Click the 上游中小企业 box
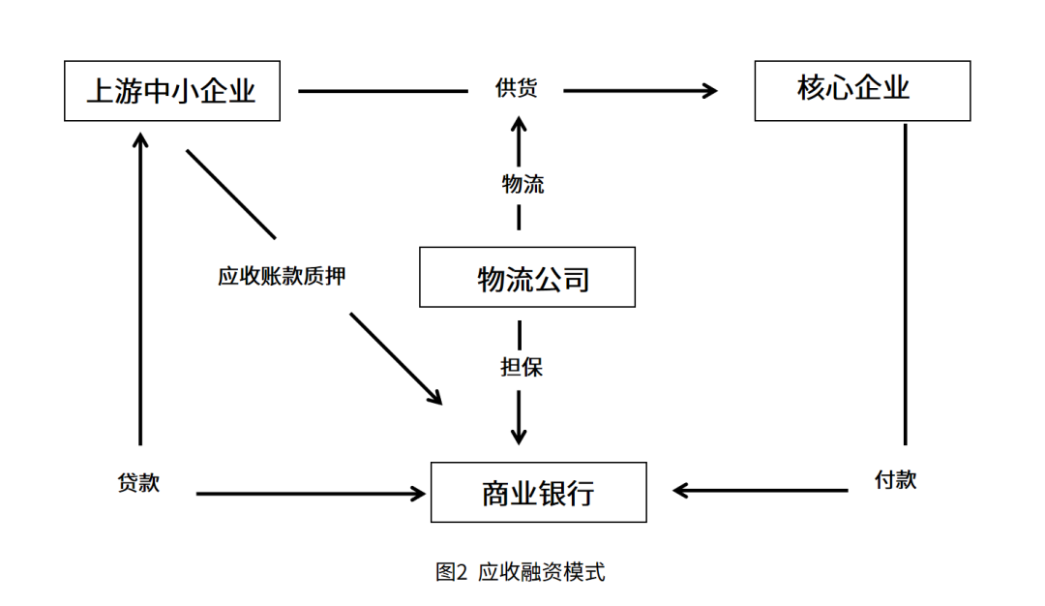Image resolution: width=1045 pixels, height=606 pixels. coord(172,91)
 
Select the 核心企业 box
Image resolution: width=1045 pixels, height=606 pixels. coord(862,91)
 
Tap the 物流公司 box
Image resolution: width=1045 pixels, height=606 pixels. coord(527,277)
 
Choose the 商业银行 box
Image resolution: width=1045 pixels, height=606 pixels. coord(539,492)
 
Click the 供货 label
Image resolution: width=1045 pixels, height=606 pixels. coord(517,87)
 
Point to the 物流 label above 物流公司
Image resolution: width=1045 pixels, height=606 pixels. coord(523,184)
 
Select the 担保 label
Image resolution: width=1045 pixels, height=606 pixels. coord(522,367)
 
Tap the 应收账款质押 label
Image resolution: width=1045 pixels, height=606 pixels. coord(282,276)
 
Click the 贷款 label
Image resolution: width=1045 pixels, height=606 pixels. coord(138,482)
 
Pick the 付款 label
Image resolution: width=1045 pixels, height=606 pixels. coord(896,479)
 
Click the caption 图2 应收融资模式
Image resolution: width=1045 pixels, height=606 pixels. coord(521,572)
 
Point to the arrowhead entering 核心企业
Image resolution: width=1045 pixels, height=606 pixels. coord(710,91)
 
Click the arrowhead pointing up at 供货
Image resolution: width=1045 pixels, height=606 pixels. coord(520,124)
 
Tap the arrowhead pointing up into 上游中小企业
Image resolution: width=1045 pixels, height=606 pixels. coord(140,140)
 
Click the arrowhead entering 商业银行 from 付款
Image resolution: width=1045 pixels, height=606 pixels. coord(680,491)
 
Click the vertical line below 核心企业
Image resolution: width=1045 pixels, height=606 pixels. coord(905,284)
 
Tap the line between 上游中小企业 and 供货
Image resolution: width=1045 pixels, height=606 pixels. coord(383,91)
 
